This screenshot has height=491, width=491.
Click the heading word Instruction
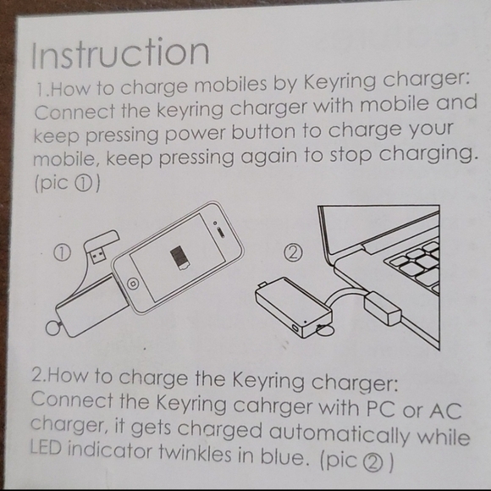point(119,52)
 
